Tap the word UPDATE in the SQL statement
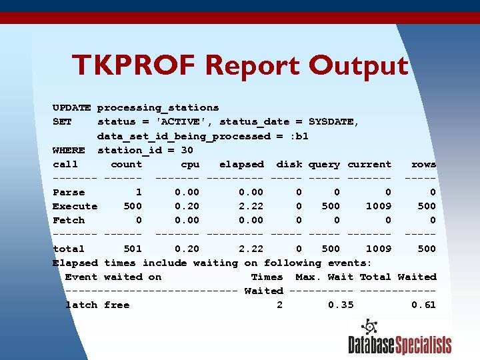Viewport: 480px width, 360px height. [71, 107]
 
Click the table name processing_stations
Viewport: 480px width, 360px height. [158, 107]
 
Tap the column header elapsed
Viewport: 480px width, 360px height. [241, 164]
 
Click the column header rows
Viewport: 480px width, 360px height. [423, 164]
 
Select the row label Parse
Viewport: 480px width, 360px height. [69, 192]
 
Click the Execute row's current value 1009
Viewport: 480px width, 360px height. [378, 206]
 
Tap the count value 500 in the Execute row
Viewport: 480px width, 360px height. [133, 206]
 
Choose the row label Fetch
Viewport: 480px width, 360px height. [69, 220]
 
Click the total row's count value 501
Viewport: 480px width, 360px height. [133, 249]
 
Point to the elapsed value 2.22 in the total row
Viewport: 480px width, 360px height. [251, 249]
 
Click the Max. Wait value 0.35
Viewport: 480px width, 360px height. [341, 305]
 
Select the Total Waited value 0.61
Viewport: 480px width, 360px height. [423, 305]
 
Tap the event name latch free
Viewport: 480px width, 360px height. [97, 305]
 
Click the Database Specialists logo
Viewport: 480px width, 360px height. [399, 337]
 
